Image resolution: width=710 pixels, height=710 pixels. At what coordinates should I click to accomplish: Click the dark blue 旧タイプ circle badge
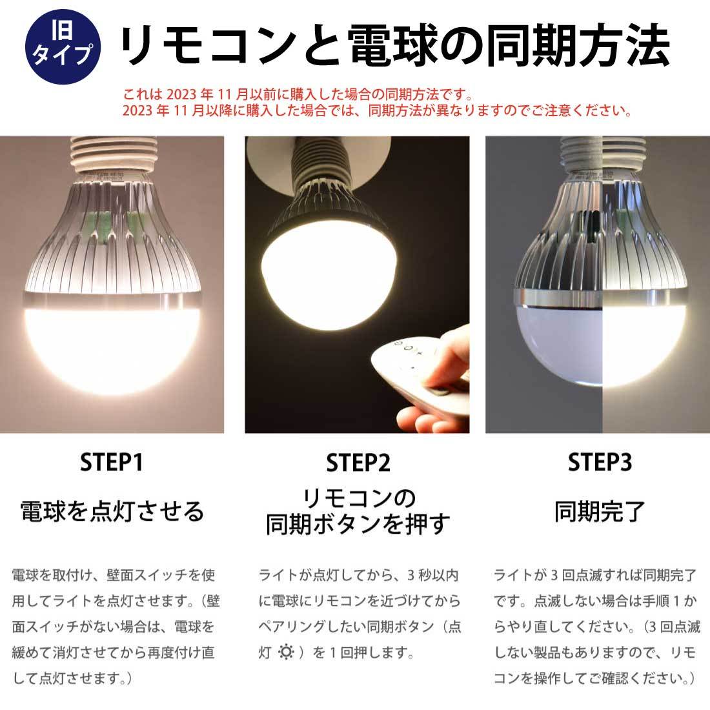coord(63,46)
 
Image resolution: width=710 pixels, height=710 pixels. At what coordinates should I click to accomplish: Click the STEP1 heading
coord(112,462)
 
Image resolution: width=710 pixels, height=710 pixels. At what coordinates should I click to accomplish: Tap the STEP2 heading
coord(358,463)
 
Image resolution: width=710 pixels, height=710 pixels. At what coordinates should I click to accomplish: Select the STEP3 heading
coord(600,462)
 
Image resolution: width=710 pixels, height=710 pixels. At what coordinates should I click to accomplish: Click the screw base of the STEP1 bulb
coord(113,156)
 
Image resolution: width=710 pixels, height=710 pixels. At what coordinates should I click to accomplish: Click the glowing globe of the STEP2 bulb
coord(329,276)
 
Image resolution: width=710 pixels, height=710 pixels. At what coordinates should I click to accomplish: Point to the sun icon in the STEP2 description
coord(286,652)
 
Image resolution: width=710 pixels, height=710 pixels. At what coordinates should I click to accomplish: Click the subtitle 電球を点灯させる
coord(112,512)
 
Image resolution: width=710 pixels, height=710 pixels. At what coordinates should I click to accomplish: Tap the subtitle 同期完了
coord(600,512)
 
